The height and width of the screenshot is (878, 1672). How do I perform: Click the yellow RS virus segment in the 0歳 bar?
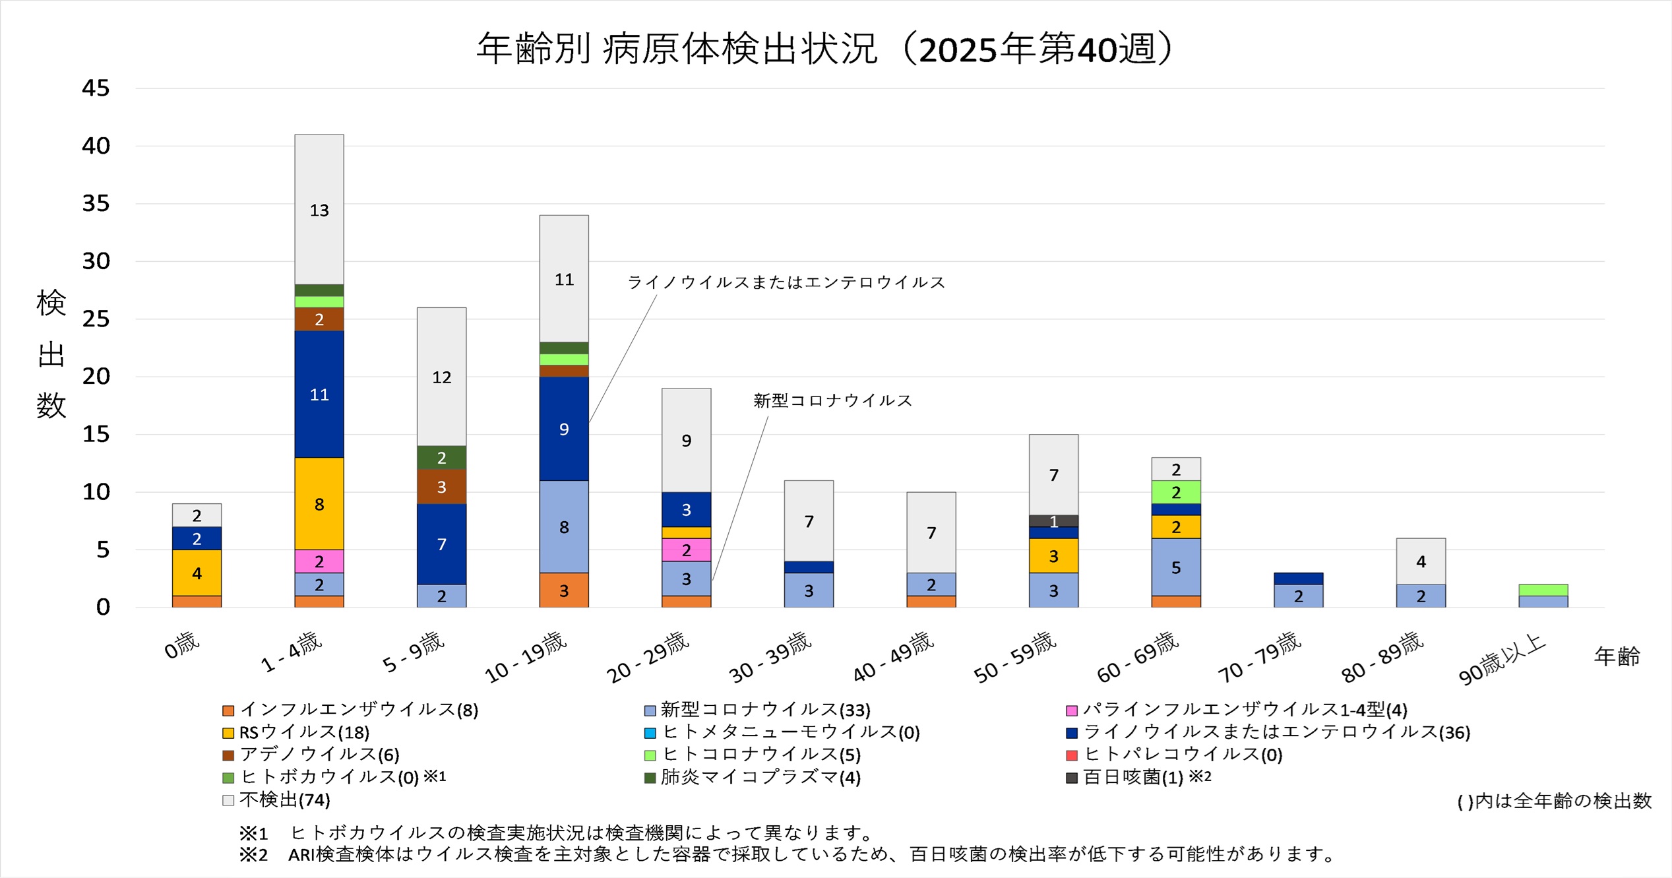click(x=197, y=573)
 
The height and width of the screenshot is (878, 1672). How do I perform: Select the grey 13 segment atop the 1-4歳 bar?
click(x=319, y=210)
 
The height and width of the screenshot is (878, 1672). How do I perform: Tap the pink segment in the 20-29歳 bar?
click(x=686, y=550)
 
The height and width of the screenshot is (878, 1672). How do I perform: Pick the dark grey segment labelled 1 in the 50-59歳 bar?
click(x=1053, y=521)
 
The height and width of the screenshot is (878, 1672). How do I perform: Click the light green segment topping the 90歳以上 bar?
click(x=1543, y=590)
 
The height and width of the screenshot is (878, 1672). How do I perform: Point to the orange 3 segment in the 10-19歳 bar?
click(x=564, y=590)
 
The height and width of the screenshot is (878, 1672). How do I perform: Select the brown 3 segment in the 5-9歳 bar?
click(x=441, y=487)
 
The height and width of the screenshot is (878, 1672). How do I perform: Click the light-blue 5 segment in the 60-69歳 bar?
click(x=1175, y=567)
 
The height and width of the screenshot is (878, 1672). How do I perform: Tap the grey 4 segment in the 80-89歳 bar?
click(x=1421, y=561)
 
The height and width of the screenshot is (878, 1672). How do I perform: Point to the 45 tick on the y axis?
click(x=96, y=88)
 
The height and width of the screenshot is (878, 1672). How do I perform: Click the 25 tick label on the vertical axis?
click(x=96, y=319)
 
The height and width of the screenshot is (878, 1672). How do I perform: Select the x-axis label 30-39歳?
click(x=770, y=656)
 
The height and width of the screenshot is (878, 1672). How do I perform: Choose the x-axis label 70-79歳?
click(x=1260, y=656)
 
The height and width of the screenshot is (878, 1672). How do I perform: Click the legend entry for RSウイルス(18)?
click(x=304, y=732)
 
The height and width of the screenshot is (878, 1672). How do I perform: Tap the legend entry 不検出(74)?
click(x=284, y=800)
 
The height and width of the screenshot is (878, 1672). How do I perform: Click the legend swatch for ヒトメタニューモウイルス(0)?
click(x=650, y=733)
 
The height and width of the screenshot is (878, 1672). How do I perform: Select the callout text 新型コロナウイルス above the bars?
click(x=832, y=400)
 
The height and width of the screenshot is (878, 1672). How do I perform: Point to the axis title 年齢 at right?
click(x=1617, y=656)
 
